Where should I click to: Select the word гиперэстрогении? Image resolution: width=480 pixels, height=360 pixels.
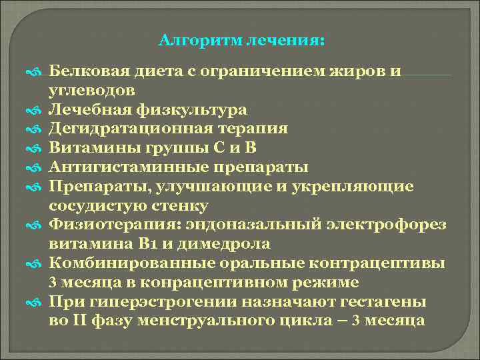[169, 301]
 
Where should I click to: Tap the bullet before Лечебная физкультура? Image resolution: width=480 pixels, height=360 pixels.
[37, 110]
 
